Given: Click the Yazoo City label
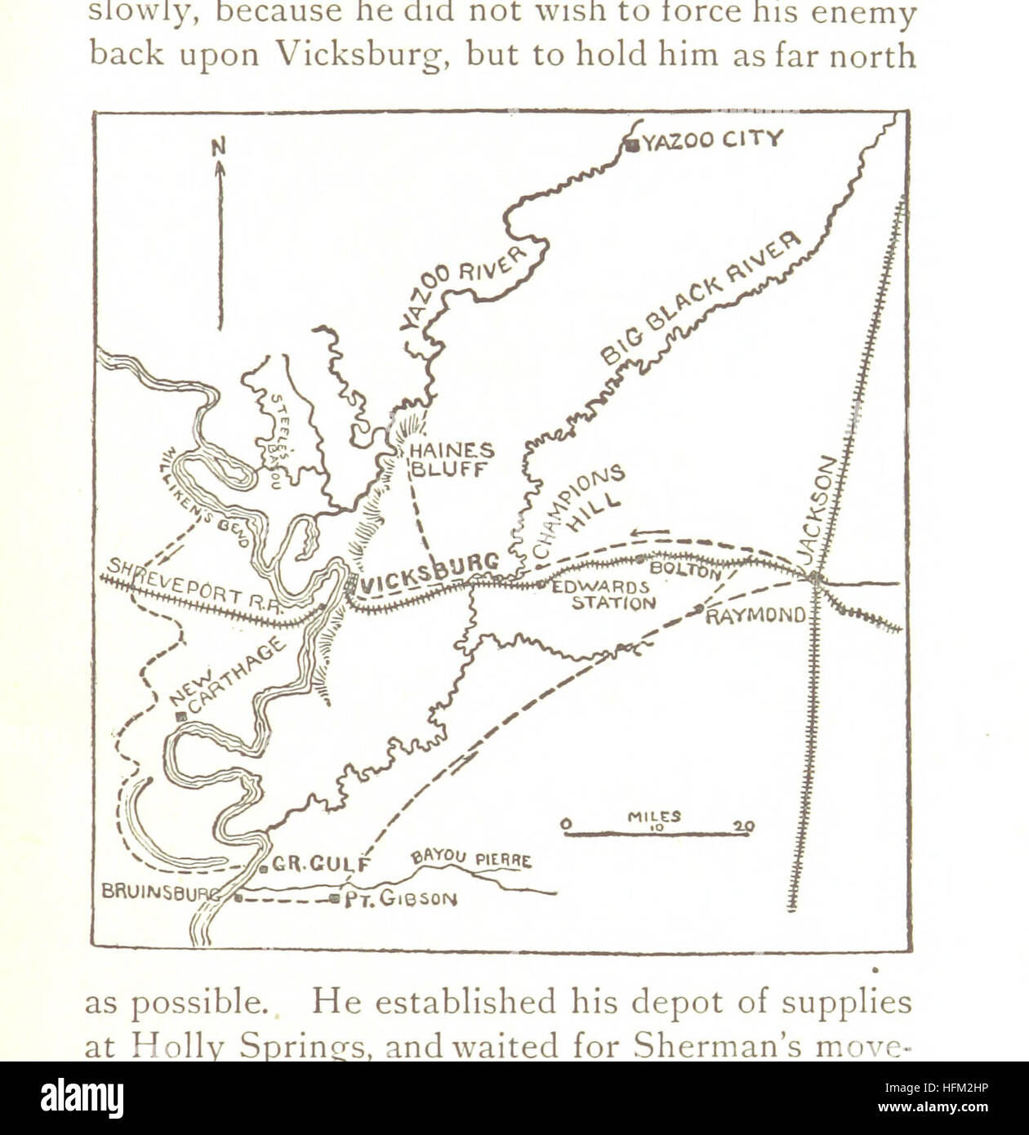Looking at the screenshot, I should (x=711, y=140).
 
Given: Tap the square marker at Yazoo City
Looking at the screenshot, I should (x=632, y=145).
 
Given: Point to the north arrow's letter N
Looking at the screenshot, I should (x=219, y=148).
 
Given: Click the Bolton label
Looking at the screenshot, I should (x=684, y=568).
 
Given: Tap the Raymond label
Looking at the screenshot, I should (x=755, y=616).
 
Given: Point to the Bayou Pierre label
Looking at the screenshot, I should (x=471, y=858).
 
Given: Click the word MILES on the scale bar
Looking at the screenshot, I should (x=654, y=816).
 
